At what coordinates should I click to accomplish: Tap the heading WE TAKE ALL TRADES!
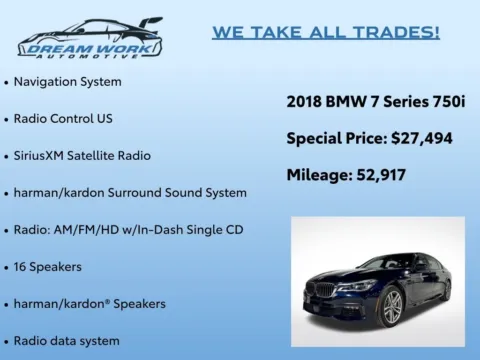(x=326, y=33)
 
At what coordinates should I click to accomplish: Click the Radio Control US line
(x=62, y=118)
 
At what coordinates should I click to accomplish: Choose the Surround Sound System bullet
(x=130, y=192)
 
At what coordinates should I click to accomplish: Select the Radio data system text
(x=66, y=340)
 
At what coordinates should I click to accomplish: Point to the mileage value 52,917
(x=384, y=175)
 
